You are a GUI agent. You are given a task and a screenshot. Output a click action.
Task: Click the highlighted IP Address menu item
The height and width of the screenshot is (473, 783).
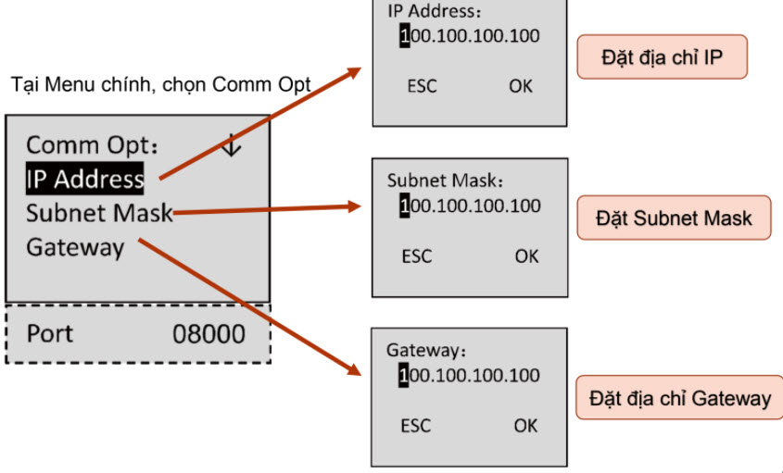[84, 179]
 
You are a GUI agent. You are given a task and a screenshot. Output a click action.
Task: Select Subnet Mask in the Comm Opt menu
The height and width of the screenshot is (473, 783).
[99, 213]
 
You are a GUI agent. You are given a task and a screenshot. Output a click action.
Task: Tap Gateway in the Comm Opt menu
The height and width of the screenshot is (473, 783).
[74, 247]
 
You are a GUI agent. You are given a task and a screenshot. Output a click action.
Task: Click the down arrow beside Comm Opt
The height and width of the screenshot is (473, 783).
[232, 145]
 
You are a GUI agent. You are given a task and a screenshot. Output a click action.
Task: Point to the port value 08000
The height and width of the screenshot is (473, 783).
[208, 333]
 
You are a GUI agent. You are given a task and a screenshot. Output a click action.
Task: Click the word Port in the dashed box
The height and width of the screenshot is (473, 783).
[49, 333]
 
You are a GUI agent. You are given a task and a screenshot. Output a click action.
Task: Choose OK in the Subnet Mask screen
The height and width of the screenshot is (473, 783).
[526, 255]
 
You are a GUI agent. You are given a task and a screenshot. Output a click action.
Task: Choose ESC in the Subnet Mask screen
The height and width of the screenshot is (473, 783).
[416, 255]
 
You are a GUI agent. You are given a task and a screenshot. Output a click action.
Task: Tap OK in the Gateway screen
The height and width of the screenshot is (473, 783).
[525, 426]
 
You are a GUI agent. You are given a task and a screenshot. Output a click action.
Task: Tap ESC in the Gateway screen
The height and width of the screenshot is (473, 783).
[416, 426]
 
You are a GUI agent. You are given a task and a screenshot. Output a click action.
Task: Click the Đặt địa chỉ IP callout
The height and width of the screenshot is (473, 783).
[662, 58]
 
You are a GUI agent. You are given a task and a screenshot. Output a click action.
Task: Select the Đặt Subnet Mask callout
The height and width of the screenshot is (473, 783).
[674, 218]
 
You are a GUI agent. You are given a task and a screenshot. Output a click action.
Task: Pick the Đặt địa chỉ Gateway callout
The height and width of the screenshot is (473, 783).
[680, 398]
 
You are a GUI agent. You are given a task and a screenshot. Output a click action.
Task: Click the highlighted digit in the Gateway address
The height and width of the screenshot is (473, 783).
[404, 375]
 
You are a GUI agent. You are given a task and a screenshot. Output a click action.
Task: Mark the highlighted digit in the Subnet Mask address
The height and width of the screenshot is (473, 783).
[404, 205]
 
